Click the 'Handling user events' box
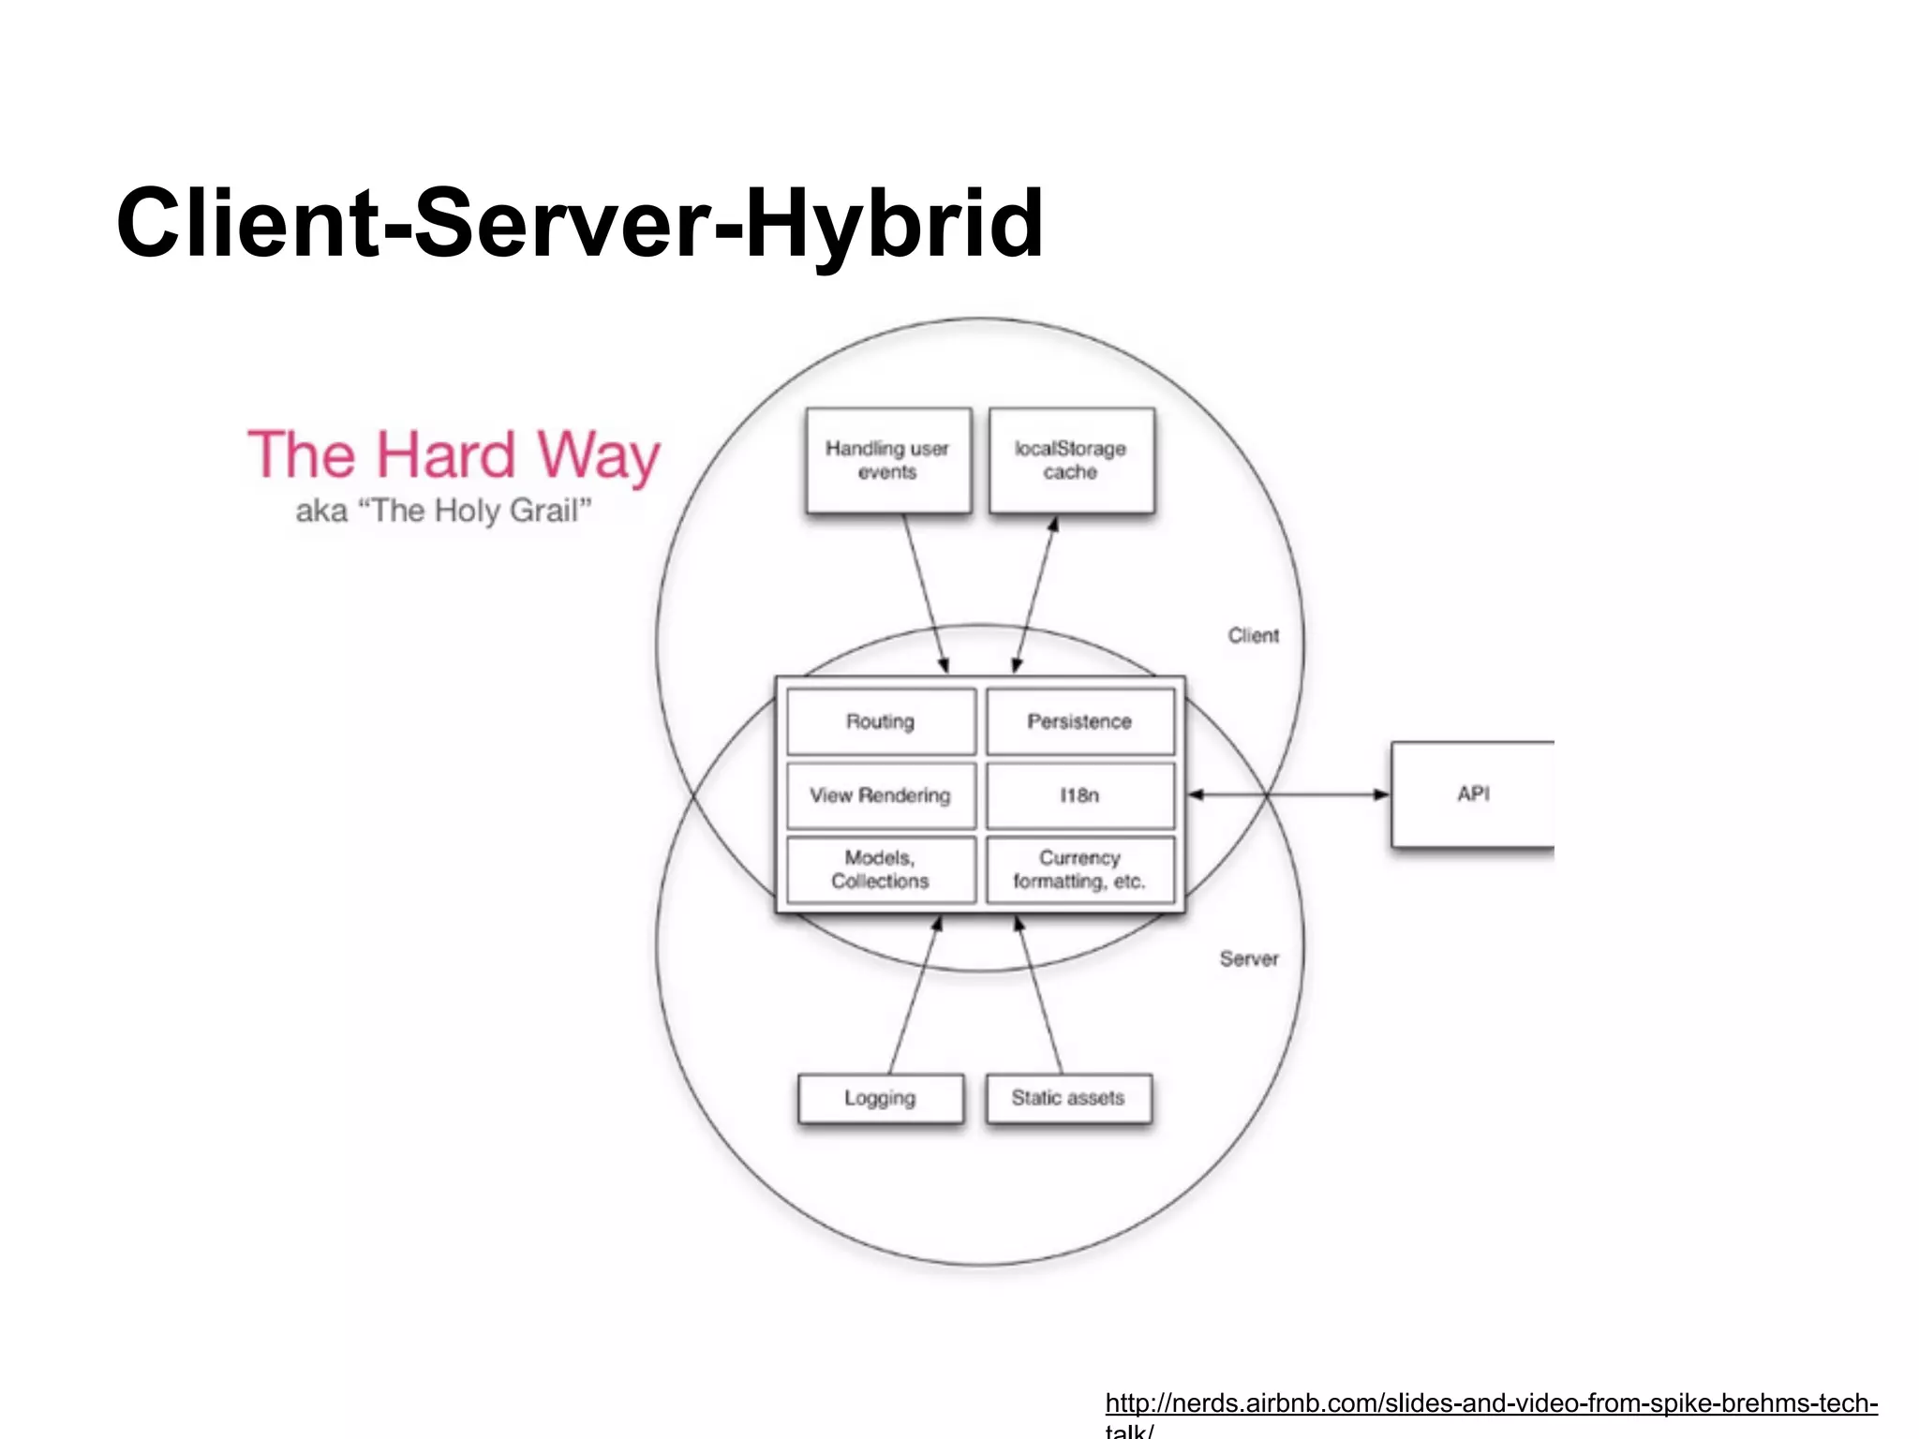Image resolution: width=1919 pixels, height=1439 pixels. pos(887,460)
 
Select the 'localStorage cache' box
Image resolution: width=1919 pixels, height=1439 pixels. pos(1071,460)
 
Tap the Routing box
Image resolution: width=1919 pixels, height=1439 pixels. pos(880,721)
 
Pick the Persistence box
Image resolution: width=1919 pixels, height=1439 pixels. pos(1079,721)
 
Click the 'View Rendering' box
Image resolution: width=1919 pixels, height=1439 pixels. pos(880,795)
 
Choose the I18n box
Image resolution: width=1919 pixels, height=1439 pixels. pos(1079,795)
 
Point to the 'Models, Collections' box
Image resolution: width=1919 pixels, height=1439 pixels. pos(880,869)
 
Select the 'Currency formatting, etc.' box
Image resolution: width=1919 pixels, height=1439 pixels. pos(1079,869)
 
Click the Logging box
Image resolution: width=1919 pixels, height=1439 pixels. pos(880,1098)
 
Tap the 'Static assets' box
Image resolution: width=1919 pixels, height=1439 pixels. pos(1068,1098)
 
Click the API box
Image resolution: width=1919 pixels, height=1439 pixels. pos(1472,794)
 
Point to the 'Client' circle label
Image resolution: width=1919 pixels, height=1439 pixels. pos(1253,636)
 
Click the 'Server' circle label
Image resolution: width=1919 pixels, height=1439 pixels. pos(1248,959)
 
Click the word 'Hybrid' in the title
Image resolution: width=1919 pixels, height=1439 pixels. pos(894,225)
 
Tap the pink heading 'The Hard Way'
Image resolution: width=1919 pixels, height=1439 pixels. pos(454,456)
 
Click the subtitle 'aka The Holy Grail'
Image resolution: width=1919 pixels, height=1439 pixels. pos(443,512)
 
